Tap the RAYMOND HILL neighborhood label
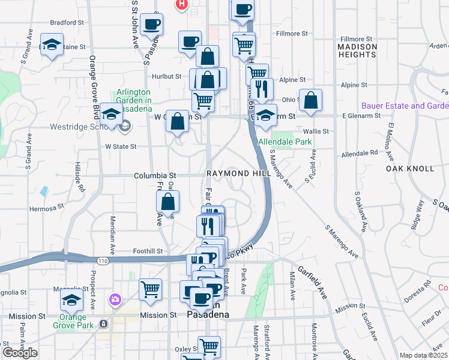pos(236,173)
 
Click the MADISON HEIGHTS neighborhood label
pos(357,50)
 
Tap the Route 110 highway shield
pos(103,260)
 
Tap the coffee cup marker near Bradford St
pos(152,25)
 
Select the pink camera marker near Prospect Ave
pos(114,299)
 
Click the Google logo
pos(20,353)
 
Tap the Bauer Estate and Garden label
pos(405,106)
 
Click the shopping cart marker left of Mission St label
pos(150,290)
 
